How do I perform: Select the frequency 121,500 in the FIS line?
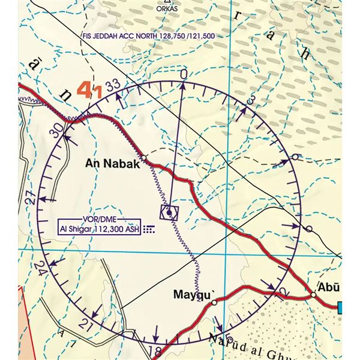202,36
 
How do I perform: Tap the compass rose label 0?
184,73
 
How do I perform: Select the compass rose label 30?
57,130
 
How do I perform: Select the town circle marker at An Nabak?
143,158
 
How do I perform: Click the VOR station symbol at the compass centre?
170,212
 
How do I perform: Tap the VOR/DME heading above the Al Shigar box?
99,220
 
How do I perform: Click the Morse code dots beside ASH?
148,229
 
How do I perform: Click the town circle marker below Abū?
313,295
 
